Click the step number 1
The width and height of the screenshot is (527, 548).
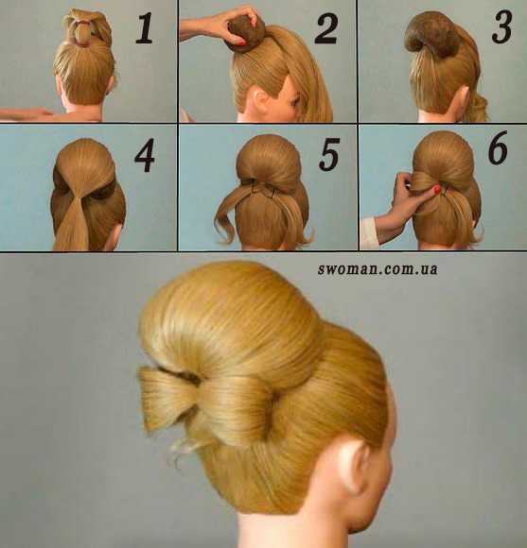tap(145, 27)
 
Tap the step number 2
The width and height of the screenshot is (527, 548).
tap(326, 28)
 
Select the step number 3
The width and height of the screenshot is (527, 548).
tap(501, 27)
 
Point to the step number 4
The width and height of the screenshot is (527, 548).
tap(145, 155)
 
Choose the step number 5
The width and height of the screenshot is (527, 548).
tap(329, 154)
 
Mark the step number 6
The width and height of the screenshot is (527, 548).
tap(498, 147)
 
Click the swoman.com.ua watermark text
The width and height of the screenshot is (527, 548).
tap(378, 268)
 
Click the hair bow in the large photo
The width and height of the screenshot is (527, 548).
tap(206, 402)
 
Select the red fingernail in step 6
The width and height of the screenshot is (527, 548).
tap(437, 190)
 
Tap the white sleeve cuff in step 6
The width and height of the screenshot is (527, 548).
tap(368, 232)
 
